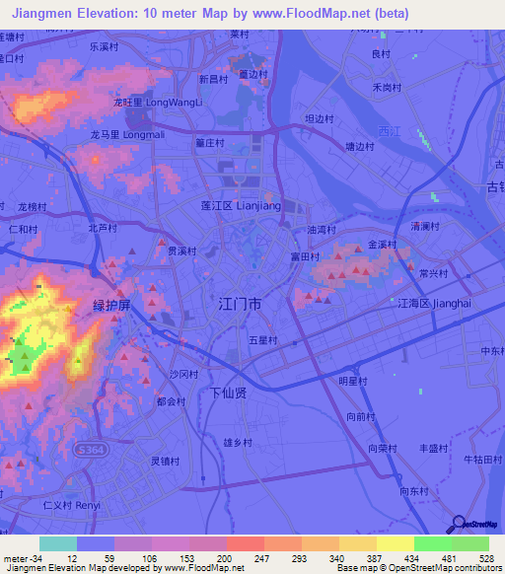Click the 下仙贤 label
pyautogui.click(x=235, y=392)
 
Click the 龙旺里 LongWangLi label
pyautogui.click(x=158, y=102)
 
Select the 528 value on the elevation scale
pyautogui.click(x=485, y=559)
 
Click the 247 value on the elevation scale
pyautogui.click(x=260, y=559)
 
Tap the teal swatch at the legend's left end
pyautogui.click(x=57, y=543)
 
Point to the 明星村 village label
pyautogui.click(x=352, y=381)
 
